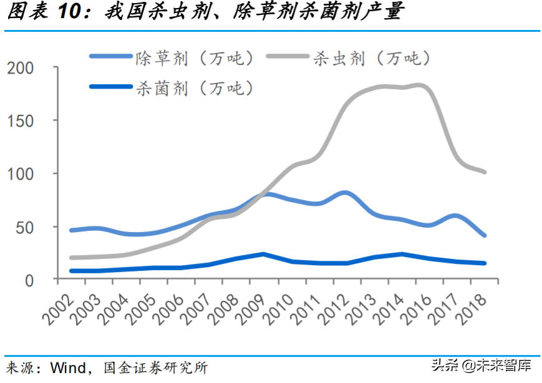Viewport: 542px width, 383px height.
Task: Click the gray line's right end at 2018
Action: [484, 172]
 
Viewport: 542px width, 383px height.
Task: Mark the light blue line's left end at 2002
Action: [72, 230]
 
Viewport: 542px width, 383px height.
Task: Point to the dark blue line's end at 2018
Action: [484, 263]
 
